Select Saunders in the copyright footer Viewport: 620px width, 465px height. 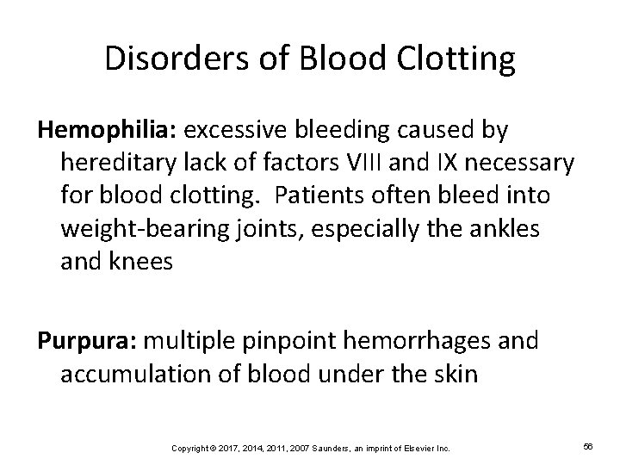pyautogui.click(x=318, y=449)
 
